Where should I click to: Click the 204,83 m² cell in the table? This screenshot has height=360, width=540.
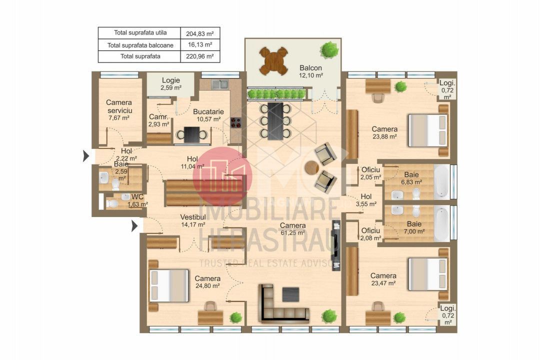coord(199,33)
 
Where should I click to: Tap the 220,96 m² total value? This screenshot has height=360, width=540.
coord(199,56)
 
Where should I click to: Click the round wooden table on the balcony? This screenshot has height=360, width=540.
coord(273,60)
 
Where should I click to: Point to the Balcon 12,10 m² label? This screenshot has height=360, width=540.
coord(311,71)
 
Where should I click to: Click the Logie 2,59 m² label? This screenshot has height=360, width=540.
coord(170,83)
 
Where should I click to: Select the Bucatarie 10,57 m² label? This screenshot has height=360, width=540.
coord(208,115)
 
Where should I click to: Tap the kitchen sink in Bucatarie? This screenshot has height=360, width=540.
coord(218,84)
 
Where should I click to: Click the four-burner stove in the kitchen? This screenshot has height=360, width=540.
coord(235,123)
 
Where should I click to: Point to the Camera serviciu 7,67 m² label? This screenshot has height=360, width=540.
coord(118,110)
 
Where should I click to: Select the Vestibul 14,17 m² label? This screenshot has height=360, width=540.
coord(193,220)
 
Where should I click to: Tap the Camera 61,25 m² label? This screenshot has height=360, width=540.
coord(292,229)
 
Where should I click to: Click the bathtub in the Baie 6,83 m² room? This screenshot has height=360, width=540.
coord(441,180)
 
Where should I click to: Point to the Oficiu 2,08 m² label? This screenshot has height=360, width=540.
coord(370,234)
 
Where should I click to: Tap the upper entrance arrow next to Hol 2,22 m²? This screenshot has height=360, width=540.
coord(85,156)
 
